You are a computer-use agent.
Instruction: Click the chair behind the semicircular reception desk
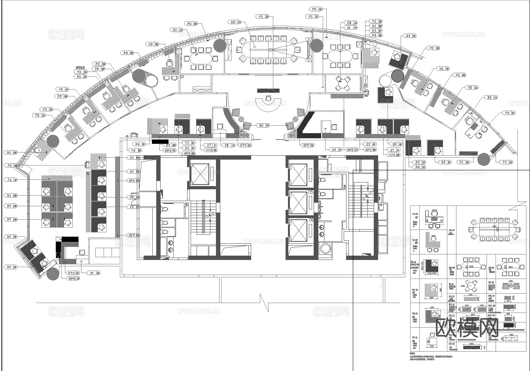tap(269, 98)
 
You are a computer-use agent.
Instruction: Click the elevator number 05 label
tap(311, 192)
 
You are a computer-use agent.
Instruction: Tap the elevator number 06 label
tap(311, 220)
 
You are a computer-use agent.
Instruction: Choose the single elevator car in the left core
tap(200, 173)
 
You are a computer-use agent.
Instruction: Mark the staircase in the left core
tap(203, 217)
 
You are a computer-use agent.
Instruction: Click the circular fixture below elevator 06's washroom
tap(326, 249)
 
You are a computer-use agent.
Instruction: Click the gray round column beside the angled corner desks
tap(53, 274)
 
